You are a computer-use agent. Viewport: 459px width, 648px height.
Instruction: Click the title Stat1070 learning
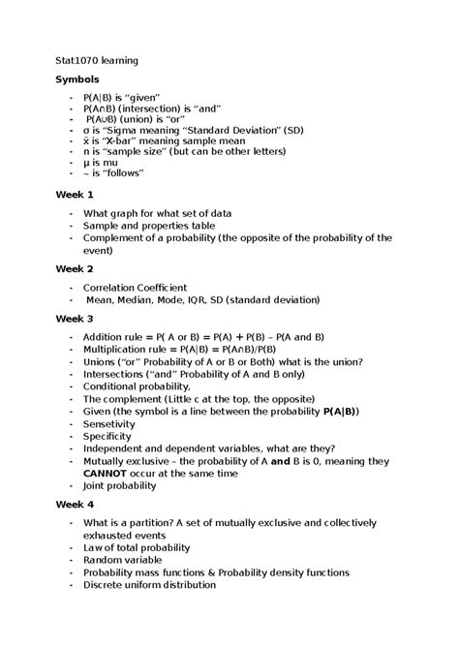pyautogui.click(x=96, y=60)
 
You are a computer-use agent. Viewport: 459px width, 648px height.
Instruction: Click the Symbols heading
pyautogui.click(x=76, y=78)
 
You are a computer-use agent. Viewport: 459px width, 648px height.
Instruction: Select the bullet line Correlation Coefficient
pyautogui.click(x=135, y=287)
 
